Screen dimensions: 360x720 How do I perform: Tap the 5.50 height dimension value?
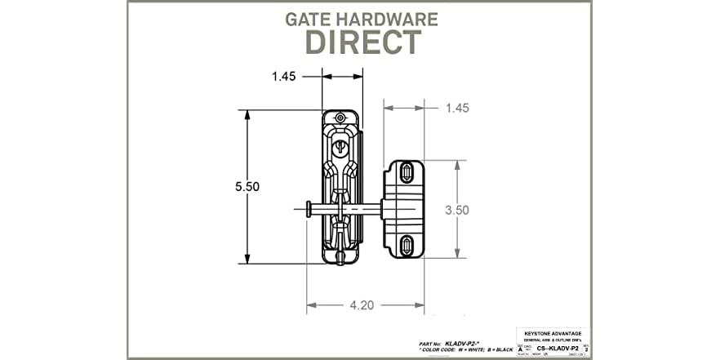[x=247, y=186]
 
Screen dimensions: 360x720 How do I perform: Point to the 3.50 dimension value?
[x=457, y=209]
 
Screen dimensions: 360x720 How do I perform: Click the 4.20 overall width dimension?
[x=362, y=306]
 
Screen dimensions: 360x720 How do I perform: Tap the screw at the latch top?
[x=340, y=119]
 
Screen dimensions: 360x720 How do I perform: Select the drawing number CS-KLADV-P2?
[x=557, y=347]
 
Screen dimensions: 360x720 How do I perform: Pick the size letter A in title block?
[x=522, y=347]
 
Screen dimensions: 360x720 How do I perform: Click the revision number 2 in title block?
[x=587, y=347]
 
